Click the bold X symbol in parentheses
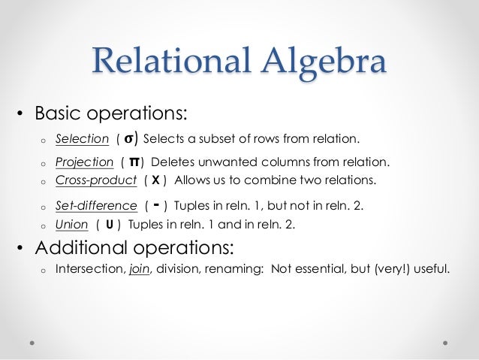pyautogui.click(x=155, y=181)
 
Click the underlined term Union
pyautogui.click(x=71, y=225)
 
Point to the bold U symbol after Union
pyautogui.click(x=110, y=225)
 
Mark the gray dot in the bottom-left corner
pyautogui.click(x=33, y=340)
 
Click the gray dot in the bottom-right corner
pyautogui.click(x=445, y=340)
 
